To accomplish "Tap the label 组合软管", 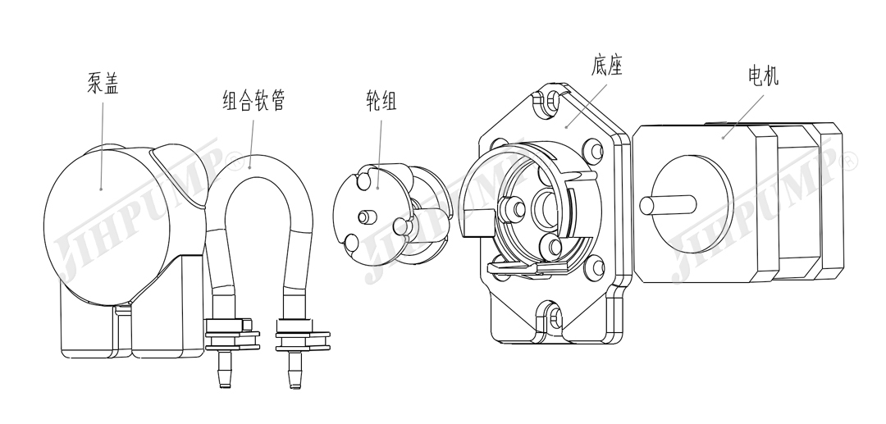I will tap(253, 101).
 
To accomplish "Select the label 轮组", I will tap(381, 101).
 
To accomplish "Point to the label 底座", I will tap(606, 65).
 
